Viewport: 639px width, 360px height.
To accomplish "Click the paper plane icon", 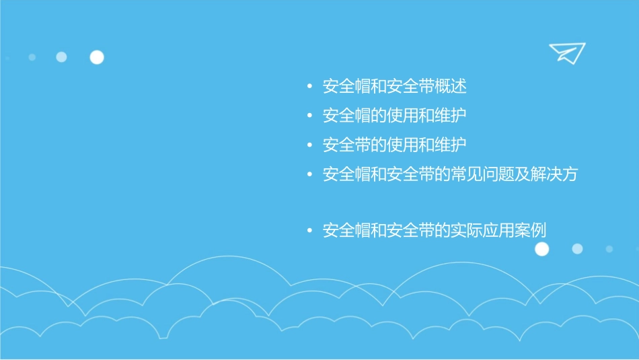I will coord(567,52).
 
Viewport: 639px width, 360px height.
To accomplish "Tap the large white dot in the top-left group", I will coord(97,57).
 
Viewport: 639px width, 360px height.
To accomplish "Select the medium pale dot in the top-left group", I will coord(61,57).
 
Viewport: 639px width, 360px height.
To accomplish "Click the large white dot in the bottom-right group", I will coord(541,249).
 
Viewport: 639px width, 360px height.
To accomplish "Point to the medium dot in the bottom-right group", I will coord(577,249).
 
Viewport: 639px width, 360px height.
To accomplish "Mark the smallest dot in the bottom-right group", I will coord(609,249).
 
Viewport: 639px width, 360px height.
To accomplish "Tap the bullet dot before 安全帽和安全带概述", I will coord(309,87).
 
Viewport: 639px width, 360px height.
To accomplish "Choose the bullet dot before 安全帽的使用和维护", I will coord(309,116).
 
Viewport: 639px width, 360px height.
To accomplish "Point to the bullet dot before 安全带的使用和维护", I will coord(309,145).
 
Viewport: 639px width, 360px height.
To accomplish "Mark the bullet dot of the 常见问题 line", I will coord(309,174).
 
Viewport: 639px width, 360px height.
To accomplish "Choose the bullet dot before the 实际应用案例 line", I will coord(309,231).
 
